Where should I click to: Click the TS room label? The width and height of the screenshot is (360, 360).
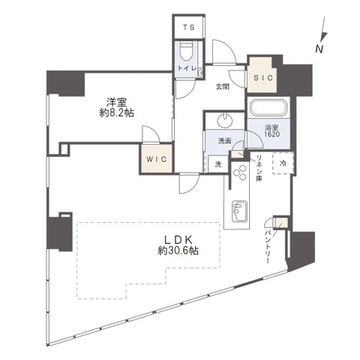coord(189,27)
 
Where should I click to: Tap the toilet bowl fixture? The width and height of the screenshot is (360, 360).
coord(187,52)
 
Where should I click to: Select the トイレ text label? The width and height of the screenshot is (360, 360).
coord(187,68)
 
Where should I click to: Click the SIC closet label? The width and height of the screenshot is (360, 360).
coord(263,78)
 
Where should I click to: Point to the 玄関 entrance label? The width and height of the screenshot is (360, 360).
coord(223,87)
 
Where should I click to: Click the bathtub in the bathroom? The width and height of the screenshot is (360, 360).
coord(268,108)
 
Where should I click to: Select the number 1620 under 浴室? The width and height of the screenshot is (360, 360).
coord(272,134)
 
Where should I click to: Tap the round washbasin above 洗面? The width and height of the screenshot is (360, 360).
coord(225,120)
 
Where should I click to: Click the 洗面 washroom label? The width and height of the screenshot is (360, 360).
coord(224,141)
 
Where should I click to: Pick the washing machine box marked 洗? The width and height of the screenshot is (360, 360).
coord(218,164)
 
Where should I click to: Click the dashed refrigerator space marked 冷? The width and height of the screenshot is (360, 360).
coord(283,163)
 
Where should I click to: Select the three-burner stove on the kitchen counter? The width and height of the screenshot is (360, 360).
coord(240,172)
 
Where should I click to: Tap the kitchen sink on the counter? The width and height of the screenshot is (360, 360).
coord(239,211)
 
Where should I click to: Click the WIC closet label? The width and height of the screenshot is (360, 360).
coord(157,159)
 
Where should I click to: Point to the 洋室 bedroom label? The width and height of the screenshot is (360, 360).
coord(116,103)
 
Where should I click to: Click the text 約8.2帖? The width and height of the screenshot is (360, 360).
coord(117,113)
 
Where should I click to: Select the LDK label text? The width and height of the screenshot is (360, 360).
coord(178,240)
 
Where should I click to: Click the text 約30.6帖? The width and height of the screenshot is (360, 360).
coord(178,250)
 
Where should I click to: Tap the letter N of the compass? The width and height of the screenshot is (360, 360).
coord(319,49)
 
